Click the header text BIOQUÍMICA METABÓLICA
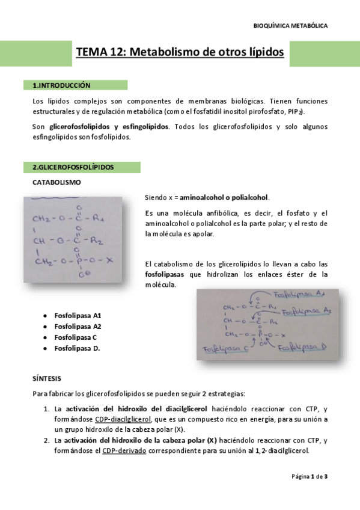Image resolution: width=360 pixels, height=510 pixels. point(291,26)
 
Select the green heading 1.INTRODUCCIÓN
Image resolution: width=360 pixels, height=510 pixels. point(66,85)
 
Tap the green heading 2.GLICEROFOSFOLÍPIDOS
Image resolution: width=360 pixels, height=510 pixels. point(74,167)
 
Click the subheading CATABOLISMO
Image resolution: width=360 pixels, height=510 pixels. point(56,182)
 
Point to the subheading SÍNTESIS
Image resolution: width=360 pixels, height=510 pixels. point(46,379)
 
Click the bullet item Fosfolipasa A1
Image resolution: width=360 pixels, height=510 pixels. point(78,315)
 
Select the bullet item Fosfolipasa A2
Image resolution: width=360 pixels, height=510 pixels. point(78,326)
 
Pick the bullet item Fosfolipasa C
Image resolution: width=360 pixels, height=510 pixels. point(76,337)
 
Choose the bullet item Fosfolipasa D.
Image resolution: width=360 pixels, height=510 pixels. point(77,348)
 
